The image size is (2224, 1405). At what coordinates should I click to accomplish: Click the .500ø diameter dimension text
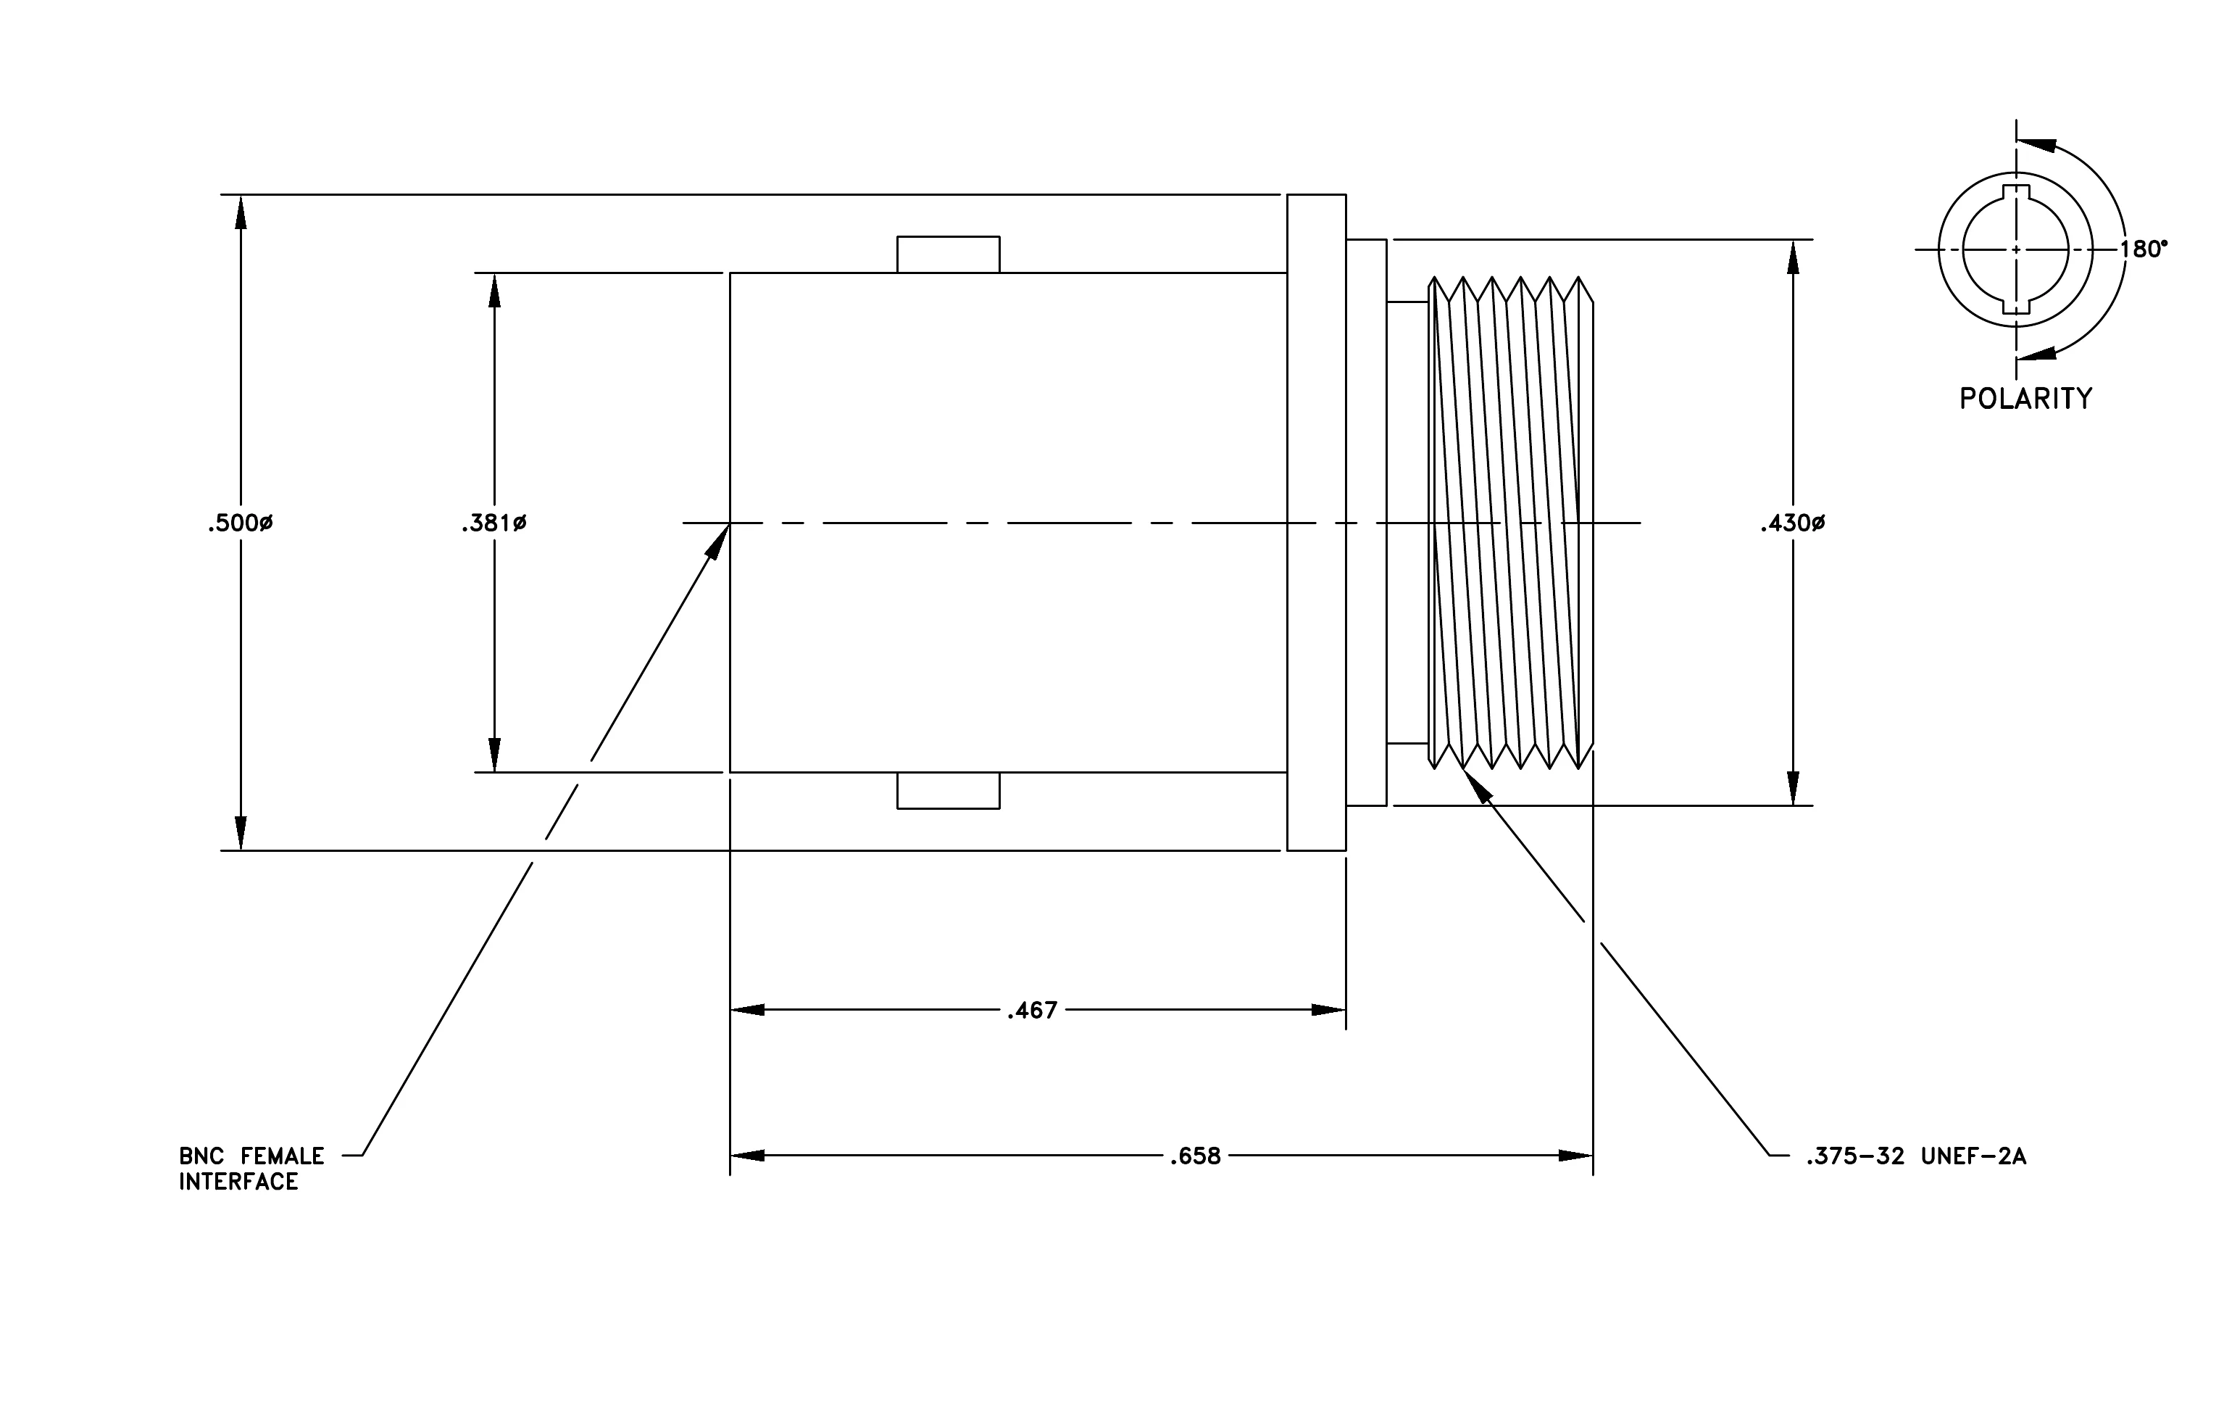pos(240,523)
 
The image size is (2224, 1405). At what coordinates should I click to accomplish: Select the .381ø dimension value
pos(494,523)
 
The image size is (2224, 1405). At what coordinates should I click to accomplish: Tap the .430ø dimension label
pos(1793,523)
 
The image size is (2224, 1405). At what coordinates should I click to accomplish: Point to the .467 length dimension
pos(1033,1011)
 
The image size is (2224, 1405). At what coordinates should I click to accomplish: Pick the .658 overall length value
pos(1195,1156)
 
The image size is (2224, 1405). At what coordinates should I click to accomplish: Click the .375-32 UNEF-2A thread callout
pos(1917,1156)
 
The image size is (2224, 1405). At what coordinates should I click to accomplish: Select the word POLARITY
pos(2026,398)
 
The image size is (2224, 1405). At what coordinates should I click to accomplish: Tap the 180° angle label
pos(2144,249)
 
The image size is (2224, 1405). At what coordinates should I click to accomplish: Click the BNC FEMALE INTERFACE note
pos(251,1169)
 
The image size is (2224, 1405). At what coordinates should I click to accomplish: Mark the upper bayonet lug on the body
pos(949,255)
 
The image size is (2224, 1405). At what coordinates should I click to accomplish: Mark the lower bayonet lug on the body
pos(949,791)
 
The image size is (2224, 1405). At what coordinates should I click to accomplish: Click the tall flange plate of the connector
pos(1316,523)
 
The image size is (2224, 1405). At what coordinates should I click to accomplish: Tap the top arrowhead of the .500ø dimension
pos(241,212)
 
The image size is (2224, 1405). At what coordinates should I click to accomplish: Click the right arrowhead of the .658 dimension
pos(1575,1156)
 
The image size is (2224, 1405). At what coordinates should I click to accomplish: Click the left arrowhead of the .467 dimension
pos(748,1011)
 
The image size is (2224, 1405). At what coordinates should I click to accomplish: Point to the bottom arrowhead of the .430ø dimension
pos(1794,788)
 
